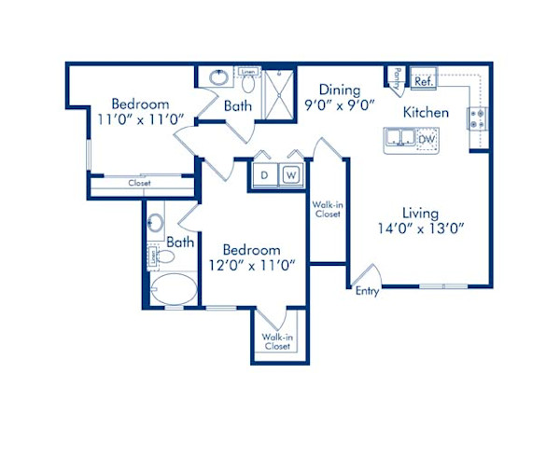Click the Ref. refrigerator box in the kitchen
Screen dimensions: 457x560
coord(424,81)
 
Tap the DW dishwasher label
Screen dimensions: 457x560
coord(427,139)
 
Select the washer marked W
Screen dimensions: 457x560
coord(290,174)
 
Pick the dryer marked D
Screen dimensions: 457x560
coord(264,174)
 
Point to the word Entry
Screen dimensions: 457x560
coord(368,291)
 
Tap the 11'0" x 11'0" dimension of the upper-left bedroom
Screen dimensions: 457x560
coord(140,119)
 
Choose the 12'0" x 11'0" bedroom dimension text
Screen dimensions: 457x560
coord(252,265)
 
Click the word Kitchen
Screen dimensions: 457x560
coord(427,112)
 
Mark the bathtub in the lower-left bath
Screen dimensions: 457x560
coord(174,290)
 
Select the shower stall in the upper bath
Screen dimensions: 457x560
coord(277,90)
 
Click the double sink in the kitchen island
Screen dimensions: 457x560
coord(401,139)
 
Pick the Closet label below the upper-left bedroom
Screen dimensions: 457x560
coord(139,184)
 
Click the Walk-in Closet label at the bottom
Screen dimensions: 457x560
coord(275,341)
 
